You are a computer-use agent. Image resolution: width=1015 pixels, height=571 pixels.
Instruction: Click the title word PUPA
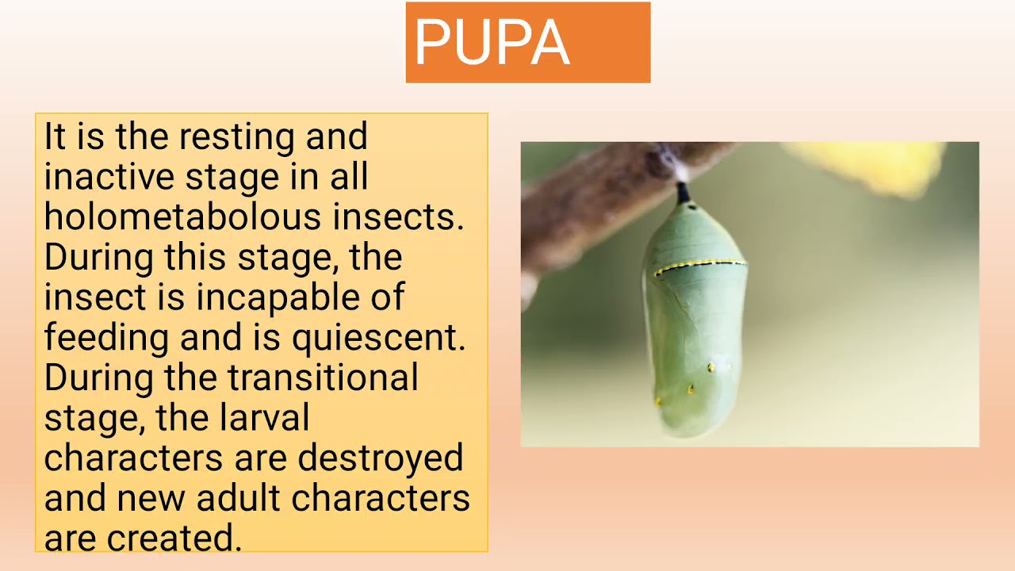click(x=492, y=43)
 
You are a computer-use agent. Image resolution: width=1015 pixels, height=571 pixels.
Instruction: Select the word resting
click(x=237, y=136)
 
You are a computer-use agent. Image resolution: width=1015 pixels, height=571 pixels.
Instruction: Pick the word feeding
click(x=106, y=338)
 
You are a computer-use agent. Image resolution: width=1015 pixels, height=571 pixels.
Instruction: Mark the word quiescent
click(x=378, y=338)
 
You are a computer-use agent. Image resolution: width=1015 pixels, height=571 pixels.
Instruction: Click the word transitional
click(x=323, y=377)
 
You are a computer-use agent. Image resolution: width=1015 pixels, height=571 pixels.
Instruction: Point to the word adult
click(x=239, y=498)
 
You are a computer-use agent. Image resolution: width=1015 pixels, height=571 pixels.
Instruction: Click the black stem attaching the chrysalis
click(x=682, y=192)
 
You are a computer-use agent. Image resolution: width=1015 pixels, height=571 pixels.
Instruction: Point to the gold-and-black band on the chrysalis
click(x=699, y=265)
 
